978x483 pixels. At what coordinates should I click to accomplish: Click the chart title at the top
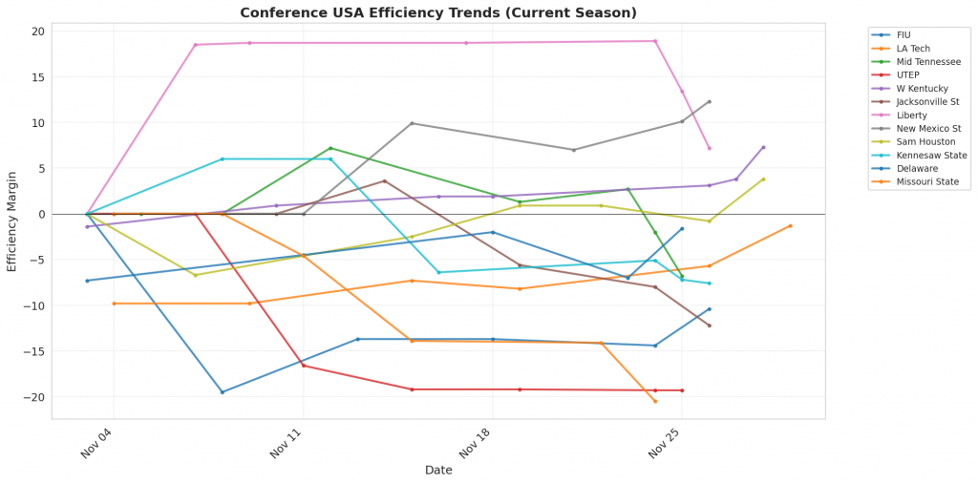438,12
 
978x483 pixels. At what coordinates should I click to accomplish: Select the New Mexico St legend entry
925,128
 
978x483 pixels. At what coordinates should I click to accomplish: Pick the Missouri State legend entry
922,181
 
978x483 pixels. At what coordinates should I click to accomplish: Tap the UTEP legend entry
908,74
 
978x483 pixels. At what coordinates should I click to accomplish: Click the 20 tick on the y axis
38,31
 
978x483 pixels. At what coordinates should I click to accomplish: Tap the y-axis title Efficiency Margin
12,221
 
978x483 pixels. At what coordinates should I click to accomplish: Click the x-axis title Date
438,470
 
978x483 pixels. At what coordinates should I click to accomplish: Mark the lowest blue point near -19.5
223,391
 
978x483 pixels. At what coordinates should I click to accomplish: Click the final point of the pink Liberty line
709,148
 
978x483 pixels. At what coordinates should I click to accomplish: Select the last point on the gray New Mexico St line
709,101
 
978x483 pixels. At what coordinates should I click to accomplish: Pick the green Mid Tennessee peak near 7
330,148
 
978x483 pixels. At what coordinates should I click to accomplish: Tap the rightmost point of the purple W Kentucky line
763,147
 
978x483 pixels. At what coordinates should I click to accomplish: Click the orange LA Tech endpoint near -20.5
654,401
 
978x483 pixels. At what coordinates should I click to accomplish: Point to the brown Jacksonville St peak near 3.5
384,180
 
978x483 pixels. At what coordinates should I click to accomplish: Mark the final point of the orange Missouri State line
790,225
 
